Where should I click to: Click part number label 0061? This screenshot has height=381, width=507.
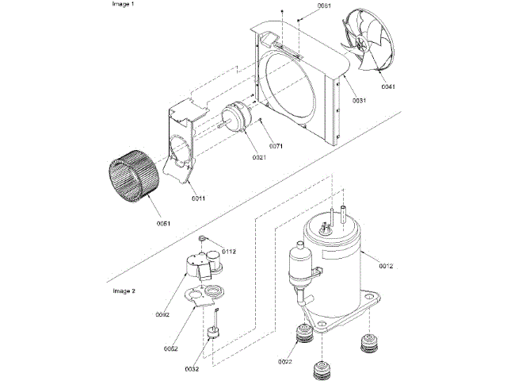click(x=326, y=6)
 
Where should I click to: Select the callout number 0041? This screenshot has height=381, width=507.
click(x=387, y=86)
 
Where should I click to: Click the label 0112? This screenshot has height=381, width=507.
click(x=229, y=251)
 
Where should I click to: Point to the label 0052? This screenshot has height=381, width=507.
click(x=170, y=348)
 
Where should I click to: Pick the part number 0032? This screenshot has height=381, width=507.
click(x=192, y=369)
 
